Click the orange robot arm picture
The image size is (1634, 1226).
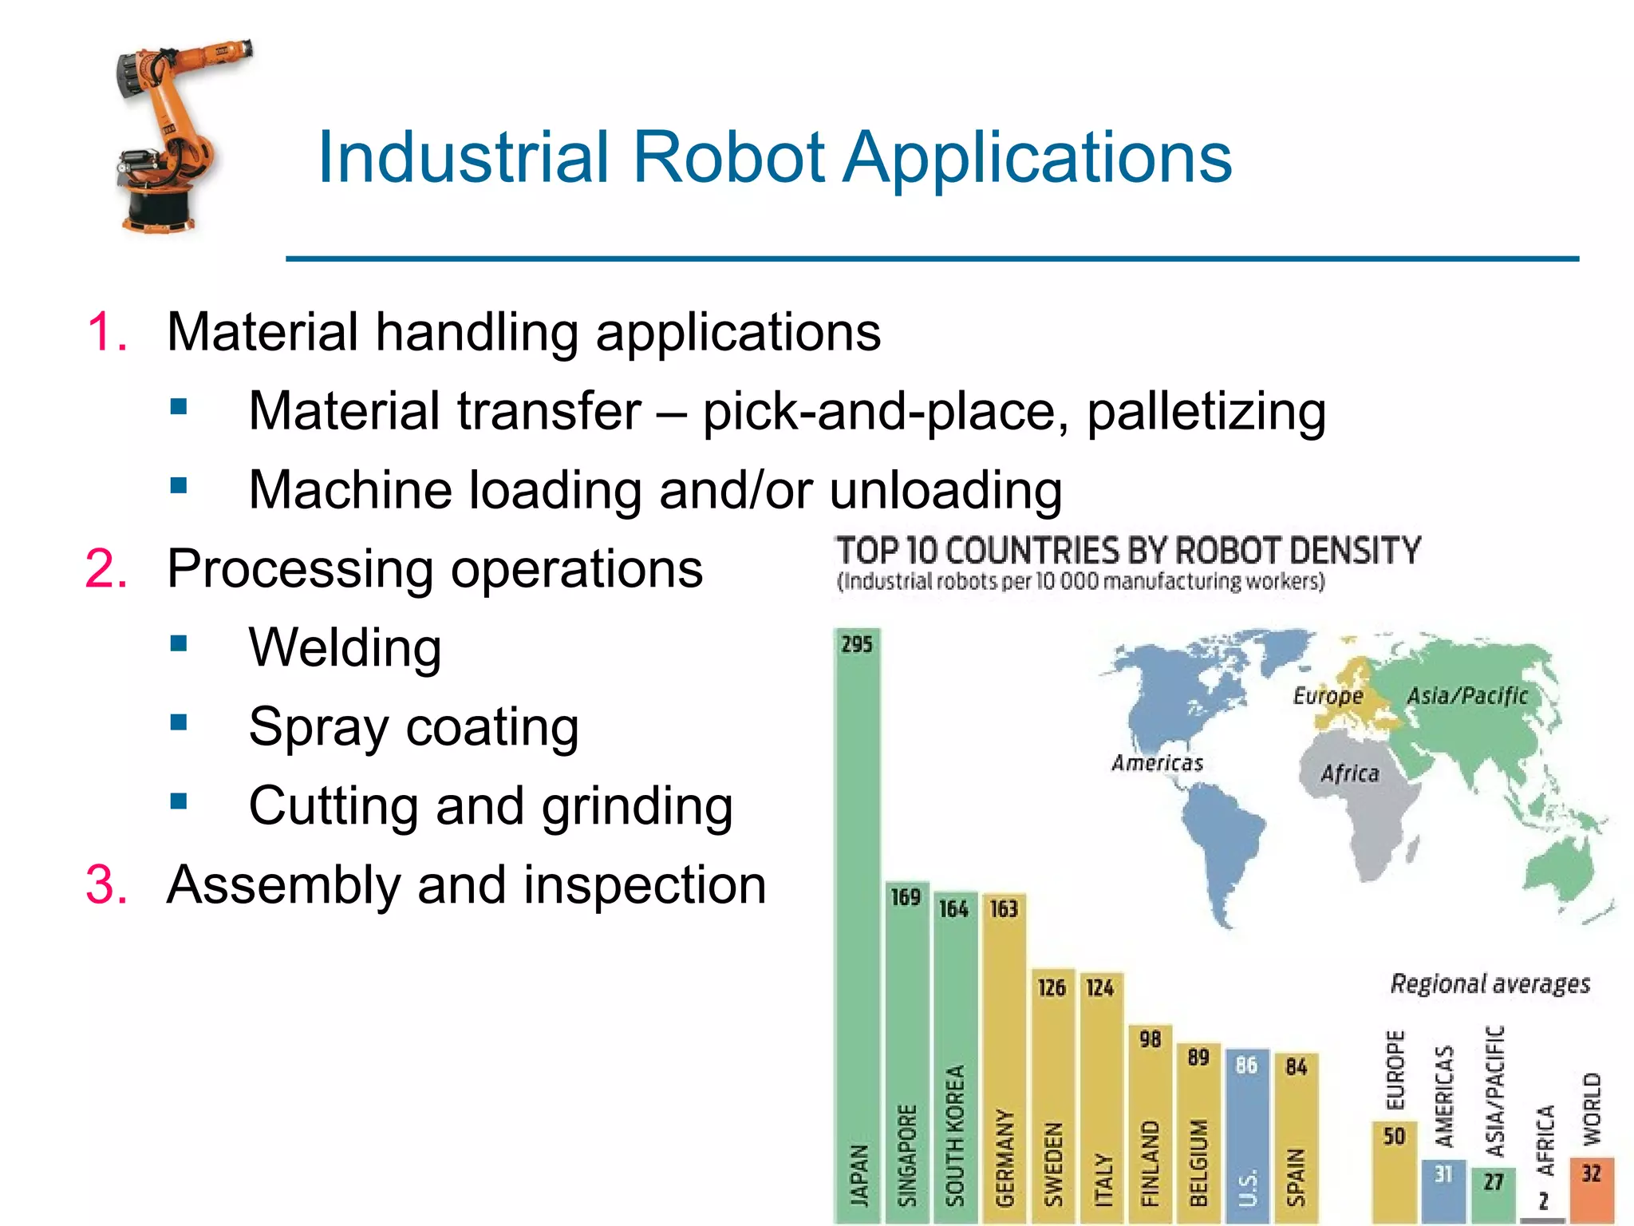[x=172, y=136]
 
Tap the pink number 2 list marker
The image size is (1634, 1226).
[x=105, y=569]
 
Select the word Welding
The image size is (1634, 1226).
[x=345, y=647]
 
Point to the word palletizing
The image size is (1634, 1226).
[x=1206, y=411]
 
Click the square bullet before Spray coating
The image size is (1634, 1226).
[x=179, y=722]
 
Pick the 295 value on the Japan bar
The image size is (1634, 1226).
[x=857, y=644]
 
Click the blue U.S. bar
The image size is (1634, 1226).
[x=1246, y=1133]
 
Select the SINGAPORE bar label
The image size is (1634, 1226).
[x=906, y=1155]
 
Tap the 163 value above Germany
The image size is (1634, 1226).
[x=1004, y=909]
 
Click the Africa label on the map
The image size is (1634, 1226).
[x=1349, y=773]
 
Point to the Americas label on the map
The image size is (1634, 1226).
[x=1157, y=764]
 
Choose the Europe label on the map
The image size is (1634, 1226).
[x=1328, y=696]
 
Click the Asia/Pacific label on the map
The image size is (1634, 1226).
[x=1466, y=696]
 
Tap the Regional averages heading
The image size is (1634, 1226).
[x=1490, y=983]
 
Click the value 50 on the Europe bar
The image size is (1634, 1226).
[x=1394, y=1137]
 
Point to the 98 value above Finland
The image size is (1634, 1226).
[x=1150, y=1039]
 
